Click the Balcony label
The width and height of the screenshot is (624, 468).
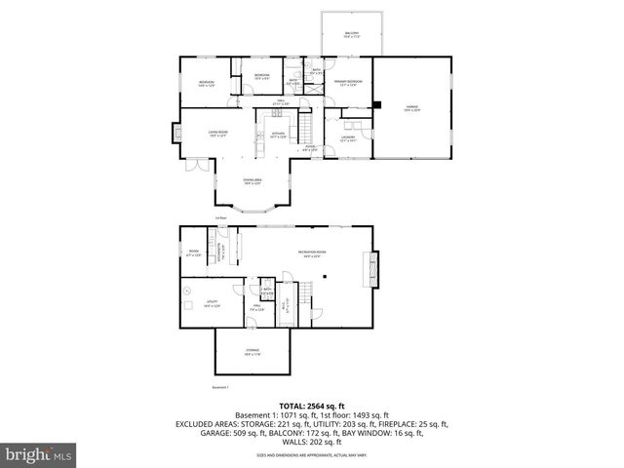[x=352, y=35]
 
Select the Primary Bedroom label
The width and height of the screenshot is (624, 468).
[x=350, y=84]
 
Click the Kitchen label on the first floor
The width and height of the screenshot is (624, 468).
[x=278, y=135]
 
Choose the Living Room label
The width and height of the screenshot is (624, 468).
[x=216, y=134]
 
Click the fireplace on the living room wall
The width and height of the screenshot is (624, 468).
[x=175, y=133]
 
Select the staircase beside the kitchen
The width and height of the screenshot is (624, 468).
[x=305, y=128]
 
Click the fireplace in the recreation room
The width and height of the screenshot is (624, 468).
[x=368, y=268]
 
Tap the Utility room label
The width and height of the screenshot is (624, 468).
[x=212, y=303]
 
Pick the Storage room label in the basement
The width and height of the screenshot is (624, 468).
[x=253, y=353]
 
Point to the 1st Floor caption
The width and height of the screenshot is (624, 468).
[x=221, y=217]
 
